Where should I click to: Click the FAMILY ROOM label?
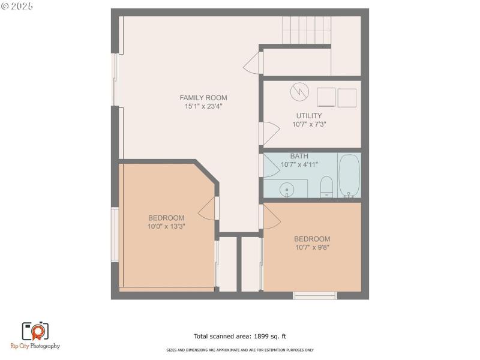click(203, 98)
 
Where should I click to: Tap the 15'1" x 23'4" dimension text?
click(203, 107)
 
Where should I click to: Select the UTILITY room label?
click(309, 116)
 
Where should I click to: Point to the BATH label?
click(299, 156)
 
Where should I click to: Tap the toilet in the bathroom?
click(326, 186)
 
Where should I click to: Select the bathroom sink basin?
click(287, 190)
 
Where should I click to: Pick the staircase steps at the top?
click(307, 31)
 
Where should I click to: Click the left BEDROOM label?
click(166, 218)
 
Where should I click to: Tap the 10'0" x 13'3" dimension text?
click(166, 227)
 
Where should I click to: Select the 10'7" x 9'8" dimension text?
click(312, 247)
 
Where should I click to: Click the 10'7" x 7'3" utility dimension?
click(309, 125)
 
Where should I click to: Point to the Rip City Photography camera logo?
click(35, 331)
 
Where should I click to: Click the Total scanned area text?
click(244, 337)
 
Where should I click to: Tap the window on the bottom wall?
click(314, 295)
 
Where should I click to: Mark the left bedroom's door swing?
click(208, 208)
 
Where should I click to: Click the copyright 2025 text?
click(17, 5)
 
